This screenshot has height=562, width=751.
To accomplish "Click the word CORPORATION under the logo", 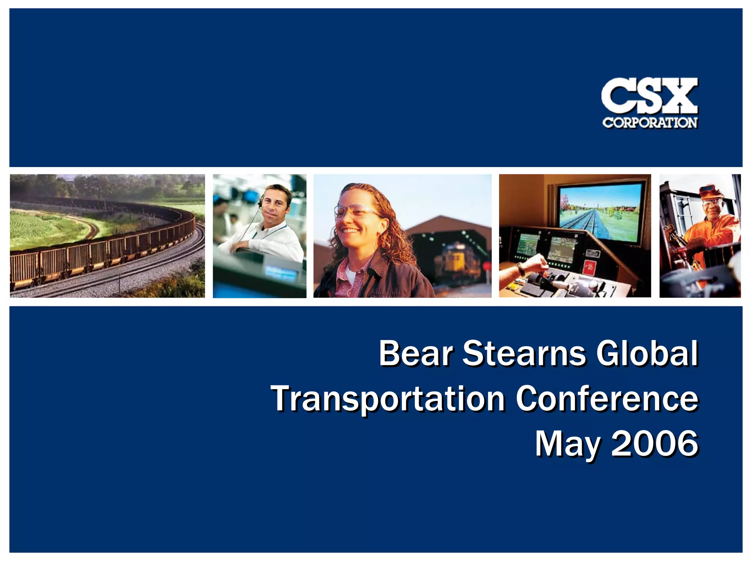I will coord(650,123).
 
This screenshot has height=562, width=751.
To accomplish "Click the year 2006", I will coord(655,444).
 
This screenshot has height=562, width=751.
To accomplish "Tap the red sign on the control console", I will coord(589,267).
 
